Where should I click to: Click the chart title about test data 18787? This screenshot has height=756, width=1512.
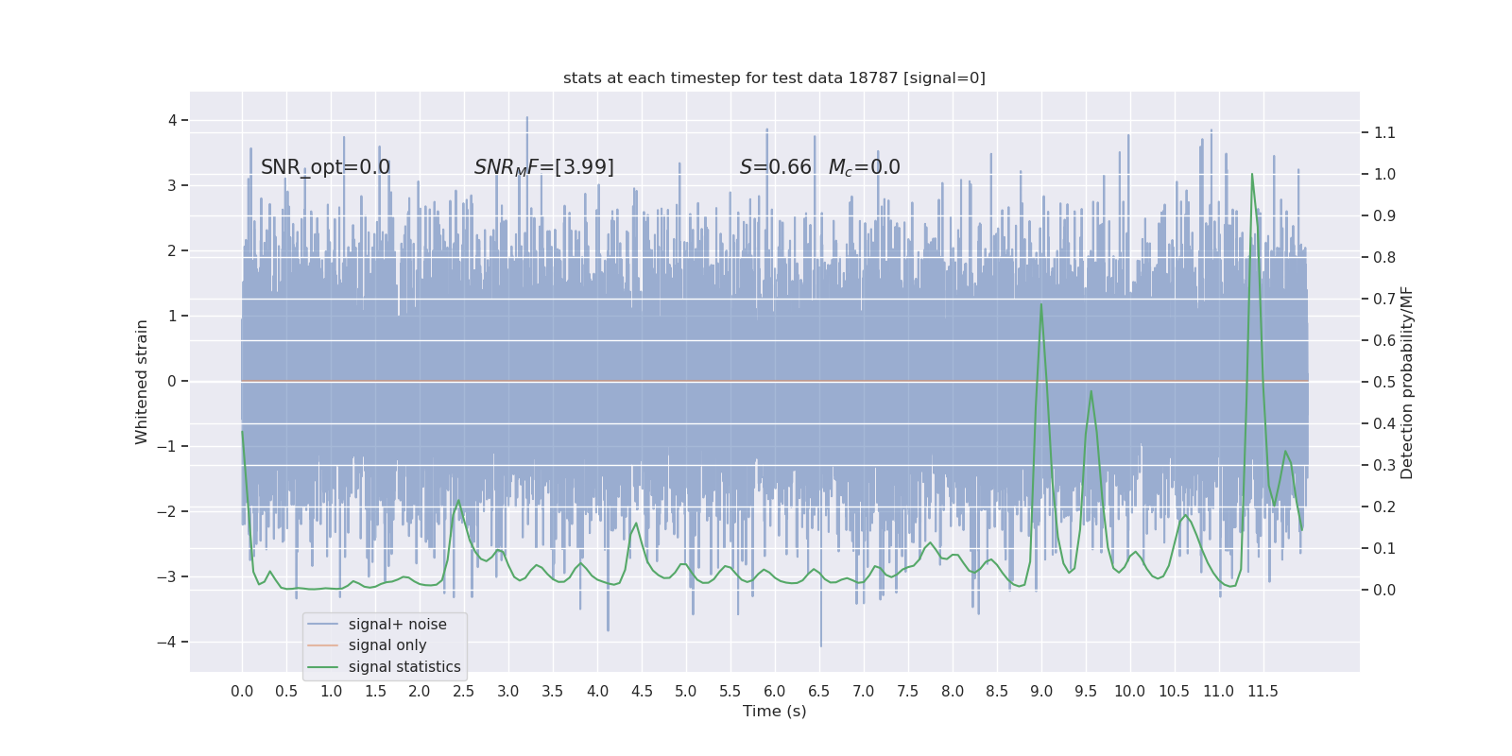pos(774,77)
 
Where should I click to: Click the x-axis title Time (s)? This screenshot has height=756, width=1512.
pos(774,711)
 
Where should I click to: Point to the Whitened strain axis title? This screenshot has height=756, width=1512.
pos(142,382)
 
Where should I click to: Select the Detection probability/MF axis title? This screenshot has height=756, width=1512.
pos(1407,382)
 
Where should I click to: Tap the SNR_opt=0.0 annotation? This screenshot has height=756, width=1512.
pos(325,167)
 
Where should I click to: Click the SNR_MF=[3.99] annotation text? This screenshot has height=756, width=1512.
pos(543,167)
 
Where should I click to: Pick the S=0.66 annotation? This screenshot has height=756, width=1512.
pos(775,167)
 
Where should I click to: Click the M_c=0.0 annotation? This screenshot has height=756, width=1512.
pos(864,167)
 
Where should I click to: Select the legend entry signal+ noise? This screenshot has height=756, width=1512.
pos(397,624)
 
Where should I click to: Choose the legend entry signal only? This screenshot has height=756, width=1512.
pos(387,645)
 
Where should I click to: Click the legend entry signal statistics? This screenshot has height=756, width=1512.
pos(404,667)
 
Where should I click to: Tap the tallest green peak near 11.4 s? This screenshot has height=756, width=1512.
pos(1252,174)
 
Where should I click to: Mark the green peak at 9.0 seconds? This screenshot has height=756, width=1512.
pos(1041,304)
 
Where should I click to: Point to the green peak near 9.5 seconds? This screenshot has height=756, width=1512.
pos(1091,391)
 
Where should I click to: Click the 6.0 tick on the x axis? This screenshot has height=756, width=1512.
pos(775,691)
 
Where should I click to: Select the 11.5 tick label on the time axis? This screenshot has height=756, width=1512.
pos(1263,691)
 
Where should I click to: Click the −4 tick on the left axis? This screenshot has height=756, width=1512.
pos(171,642)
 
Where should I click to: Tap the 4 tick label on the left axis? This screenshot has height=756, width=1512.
pos(173,120)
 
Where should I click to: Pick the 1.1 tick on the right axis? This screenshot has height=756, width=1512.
pos(1384,132)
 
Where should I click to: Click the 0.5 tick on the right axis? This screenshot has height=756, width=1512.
pos(1384,382)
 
